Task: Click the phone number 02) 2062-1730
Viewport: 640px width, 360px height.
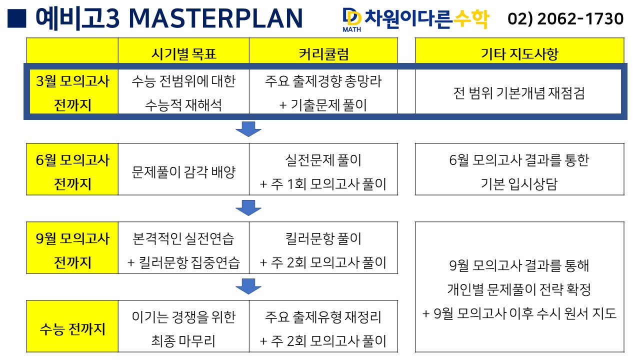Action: [x=565, y=19]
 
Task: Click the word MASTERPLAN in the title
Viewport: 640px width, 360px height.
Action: [x=215, y=18]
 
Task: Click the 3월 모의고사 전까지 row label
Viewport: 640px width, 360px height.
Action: [x=72, y=93]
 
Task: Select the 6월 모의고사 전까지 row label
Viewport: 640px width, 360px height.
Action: [x=72, y=172]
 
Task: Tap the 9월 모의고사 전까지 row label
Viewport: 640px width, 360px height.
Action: [x=72, y=250]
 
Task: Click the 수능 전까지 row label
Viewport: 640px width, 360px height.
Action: [x=72, y=329]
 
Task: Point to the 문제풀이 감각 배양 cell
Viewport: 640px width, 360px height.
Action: [x=183, y=172]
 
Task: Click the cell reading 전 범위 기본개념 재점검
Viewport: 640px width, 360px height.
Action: [x=519, y=93]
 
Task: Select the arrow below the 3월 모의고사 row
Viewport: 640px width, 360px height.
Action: [x=248, y=128]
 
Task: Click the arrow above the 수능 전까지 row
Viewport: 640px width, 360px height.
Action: [x=248, y=286]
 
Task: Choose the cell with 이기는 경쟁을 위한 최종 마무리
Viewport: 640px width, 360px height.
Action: [x=183, y=329]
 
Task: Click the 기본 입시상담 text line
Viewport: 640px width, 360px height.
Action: [x=519, y=184]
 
